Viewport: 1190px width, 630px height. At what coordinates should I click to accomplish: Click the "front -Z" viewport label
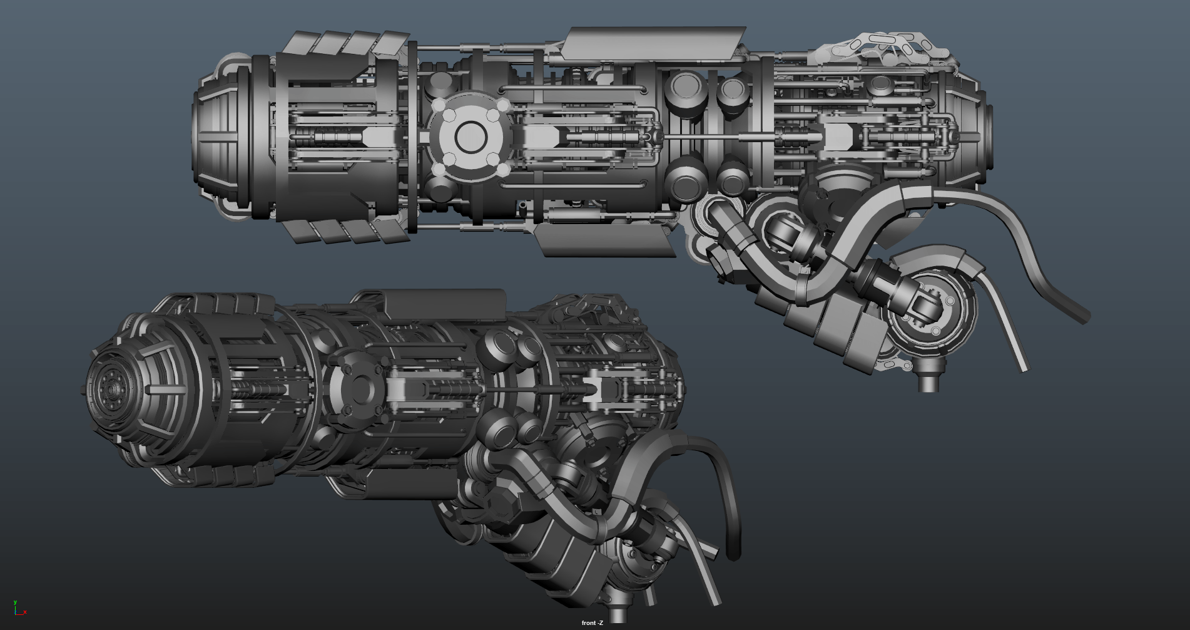pyautogui.click(x=592, y=623)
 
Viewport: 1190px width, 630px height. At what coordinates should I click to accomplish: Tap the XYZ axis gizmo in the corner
pyautogui.click(x=19, y=608)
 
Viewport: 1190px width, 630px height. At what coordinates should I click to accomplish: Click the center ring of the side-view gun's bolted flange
pyautogui.click(x=471, y=137)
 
